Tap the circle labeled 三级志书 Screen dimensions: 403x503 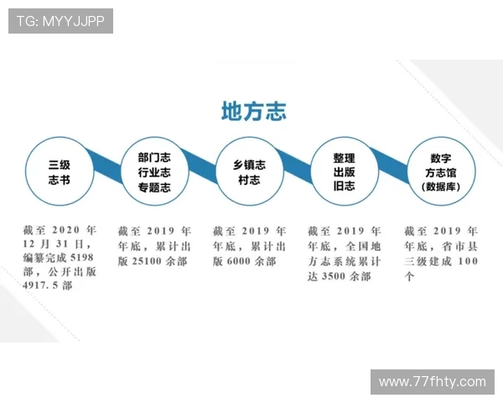pyautogui.click(x=60, y=172)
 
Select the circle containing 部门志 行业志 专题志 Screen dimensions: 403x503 pyautogui.click(x=154, y=172)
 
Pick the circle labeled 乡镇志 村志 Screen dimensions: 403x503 pyautogui.click(x=249, y=172)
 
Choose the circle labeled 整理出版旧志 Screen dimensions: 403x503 pyautogui.click(x=344, y=172)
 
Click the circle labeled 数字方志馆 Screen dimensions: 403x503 pyautogui.click(x=441, y=171)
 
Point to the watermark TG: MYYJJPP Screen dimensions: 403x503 pyautogui.click(x=60, y=21)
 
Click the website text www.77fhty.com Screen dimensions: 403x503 pyautogui.click(x=432, y=382)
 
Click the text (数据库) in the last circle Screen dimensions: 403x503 pyautogui.click(x=441, y=187)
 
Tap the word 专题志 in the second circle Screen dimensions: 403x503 pyautogui.click(x=154, y=188)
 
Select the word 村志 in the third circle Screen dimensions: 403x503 pyautogui.click(x=249, y=181)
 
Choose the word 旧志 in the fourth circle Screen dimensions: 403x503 pyautogui.click(x=344, y=186)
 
